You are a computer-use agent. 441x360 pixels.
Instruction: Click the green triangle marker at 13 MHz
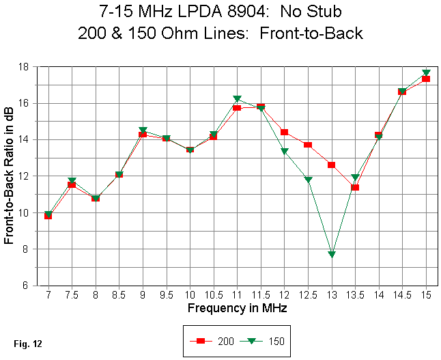click(332, 254)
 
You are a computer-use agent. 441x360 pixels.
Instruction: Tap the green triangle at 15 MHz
click(426, 72)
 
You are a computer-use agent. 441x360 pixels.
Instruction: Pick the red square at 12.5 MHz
click(308, 145)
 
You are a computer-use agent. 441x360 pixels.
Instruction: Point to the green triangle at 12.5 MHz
click(308, 180)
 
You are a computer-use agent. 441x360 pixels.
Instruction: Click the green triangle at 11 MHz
click(237, 99)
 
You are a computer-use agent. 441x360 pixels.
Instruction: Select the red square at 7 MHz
click(48, 216)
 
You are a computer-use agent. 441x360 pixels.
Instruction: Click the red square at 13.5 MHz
click(355, 187)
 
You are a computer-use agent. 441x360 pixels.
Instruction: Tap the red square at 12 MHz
click(284, 132)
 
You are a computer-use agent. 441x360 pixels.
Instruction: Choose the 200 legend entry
click(212, 340)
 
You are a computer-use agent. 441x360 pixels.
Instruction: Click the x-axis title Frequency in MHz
click(237, 308)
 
